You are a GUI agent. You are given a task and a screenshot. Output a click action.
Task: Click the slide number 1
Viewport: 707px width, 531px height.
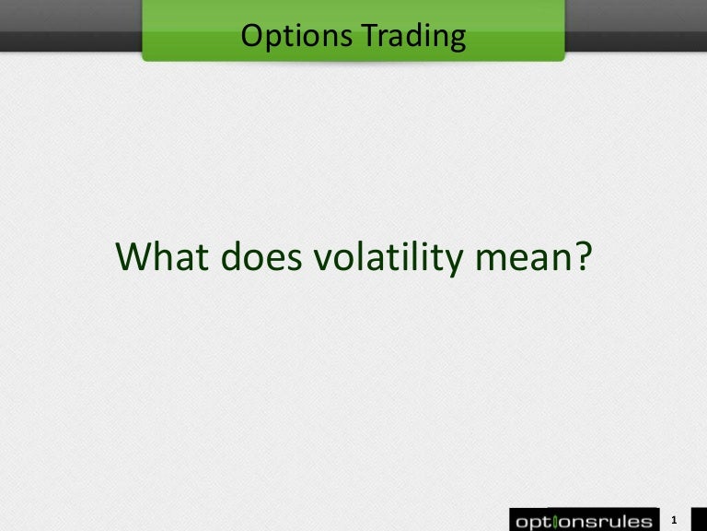click(676, 520)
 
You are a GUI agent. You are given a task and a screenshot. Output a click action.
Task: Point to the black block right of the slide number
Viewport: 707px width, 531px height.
click(698, 520)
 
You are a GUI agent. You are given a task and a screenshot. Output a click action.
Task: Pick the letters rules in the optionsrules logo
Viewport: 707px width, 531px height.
click(620, 521)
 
